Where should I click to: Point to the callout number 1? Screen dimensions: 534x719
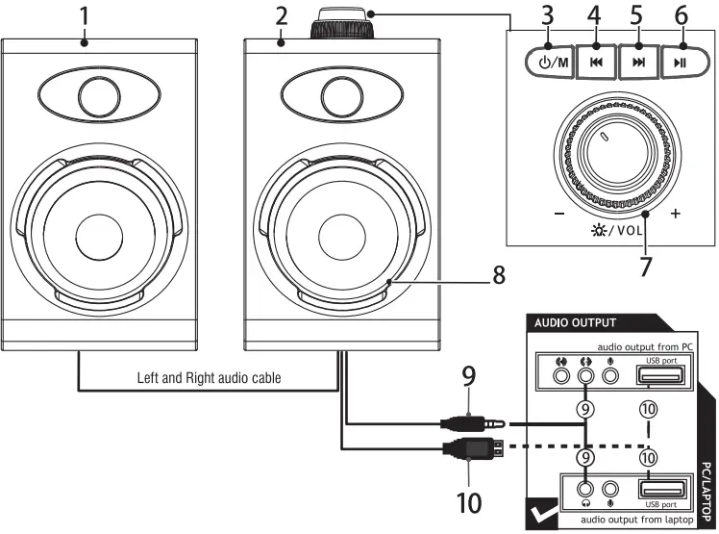85,15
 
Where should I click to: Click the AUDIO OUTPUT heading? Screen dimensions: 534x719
576,323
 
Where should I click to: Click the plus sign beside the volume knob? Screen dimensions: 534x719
675,214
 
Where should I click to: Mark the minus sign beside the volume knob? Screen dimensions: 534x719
556,214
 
